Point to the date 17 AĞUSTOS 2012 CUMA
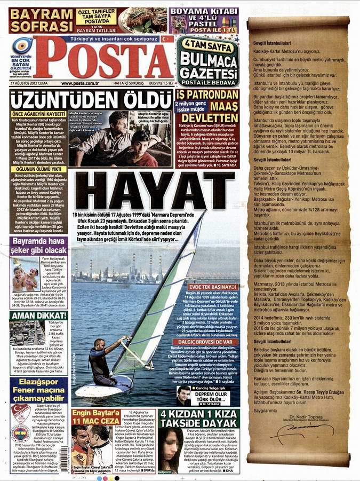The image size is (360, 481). click(x=29, y=83)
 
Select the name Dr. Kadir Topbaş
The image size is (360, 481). click(x=302, y=416)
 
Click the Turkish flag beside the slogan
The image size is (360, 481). click(x=167, y=39)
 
